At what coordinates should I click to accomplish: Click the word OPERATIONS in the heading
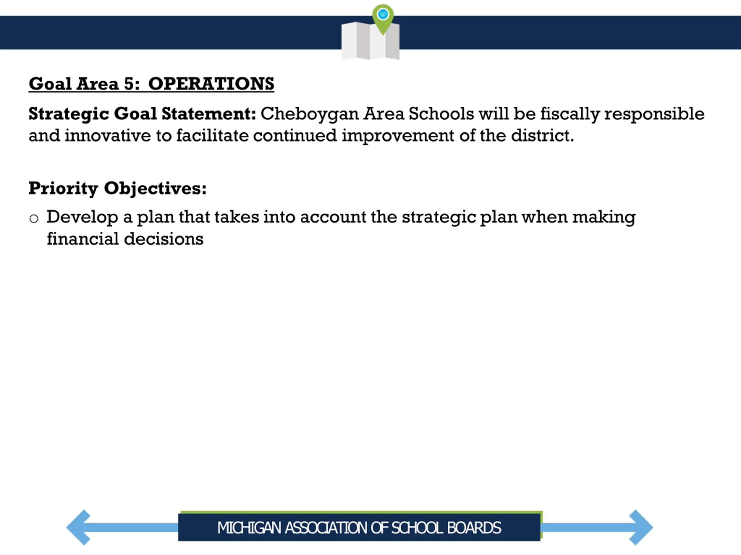click(211, 84)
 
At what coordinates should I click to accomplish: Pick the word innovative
click(108, 136)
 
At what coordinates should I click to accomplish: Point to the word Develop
click(82, 217)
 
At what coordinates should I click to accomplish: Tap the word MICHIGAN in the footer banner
click(249, 528)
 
